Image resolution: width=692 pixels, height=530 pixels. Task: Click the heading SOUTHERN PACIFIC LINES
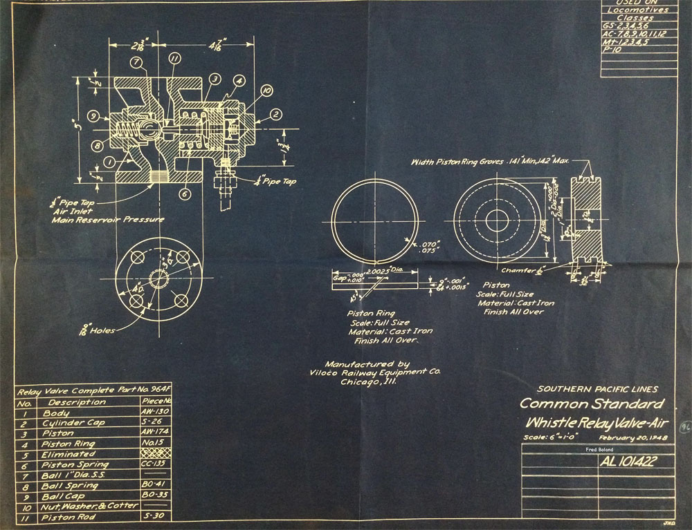coord(597,389)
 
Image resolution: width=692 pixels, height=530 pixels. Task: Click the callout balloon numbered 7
coord(136,63)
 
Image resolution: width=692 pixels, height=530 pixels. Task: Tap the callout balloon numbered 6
coord(184,194)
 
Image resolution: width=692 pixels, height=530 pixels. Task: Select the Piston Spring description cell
coord(75,464)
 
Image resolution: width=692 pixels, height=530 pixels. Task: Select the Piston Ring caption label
coord(371,314)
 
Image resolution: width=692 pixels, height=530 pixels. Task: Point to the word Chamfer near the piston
coord(518,270)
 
